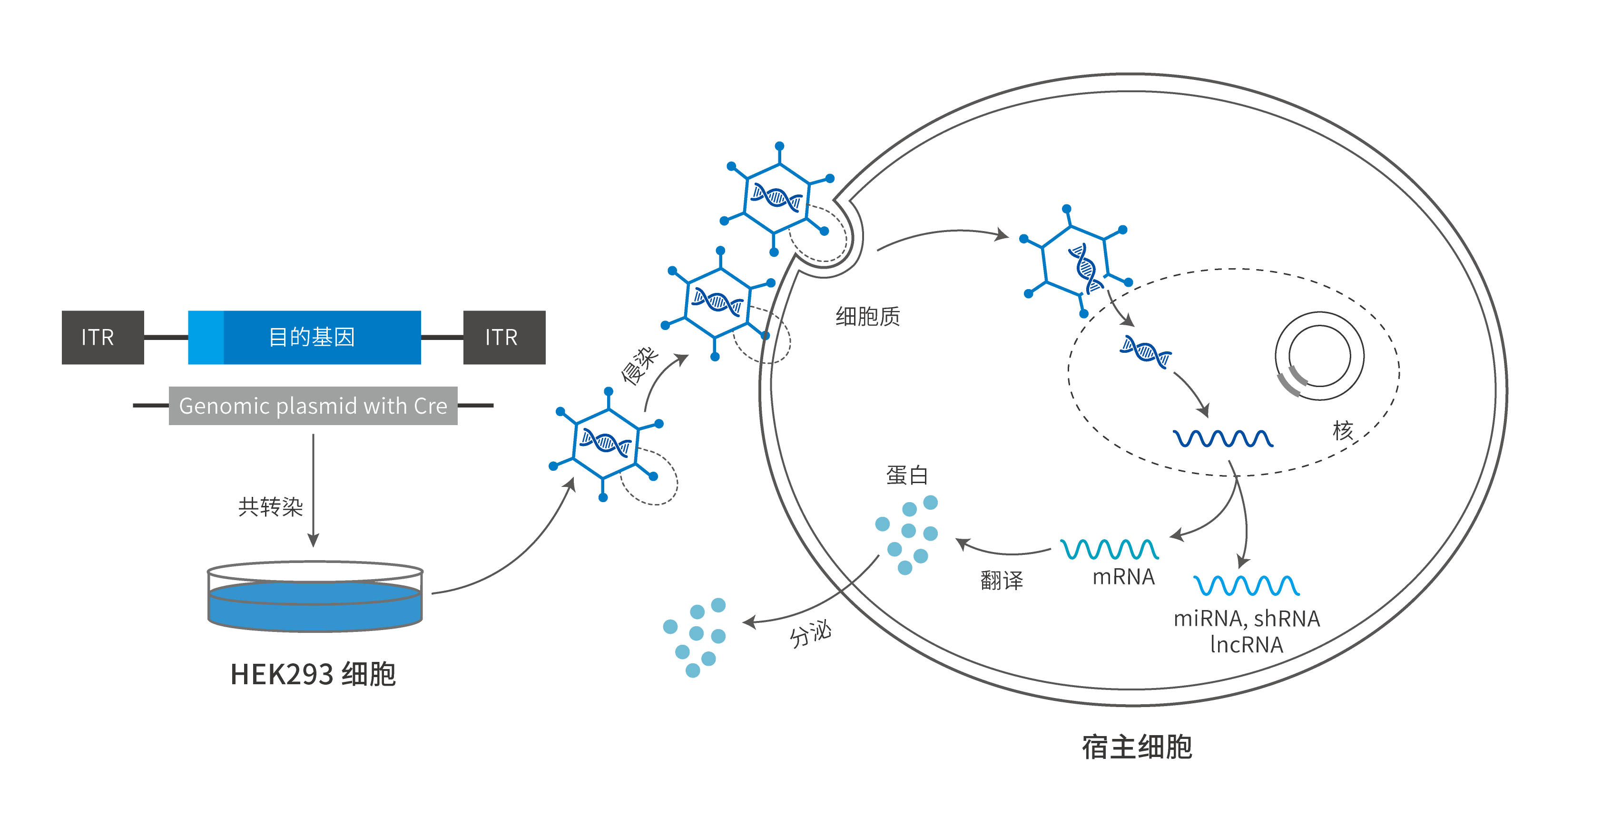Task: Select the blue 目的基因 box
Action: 311,337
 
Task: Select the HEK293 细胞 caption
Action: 313,674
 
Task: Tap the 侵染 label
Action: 639,366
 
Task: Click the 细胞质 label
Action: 867,316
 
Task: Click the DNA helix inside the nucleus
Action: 1146,352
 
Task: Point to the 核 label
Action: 1343,430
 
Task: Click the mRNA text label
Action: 1123,577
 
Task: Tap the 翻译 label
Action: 1001,580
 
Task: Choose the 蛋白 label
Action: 907,475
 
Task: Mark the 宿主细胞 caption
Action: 1137,747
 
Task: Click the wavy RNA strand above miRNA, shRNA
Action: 1246,585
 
